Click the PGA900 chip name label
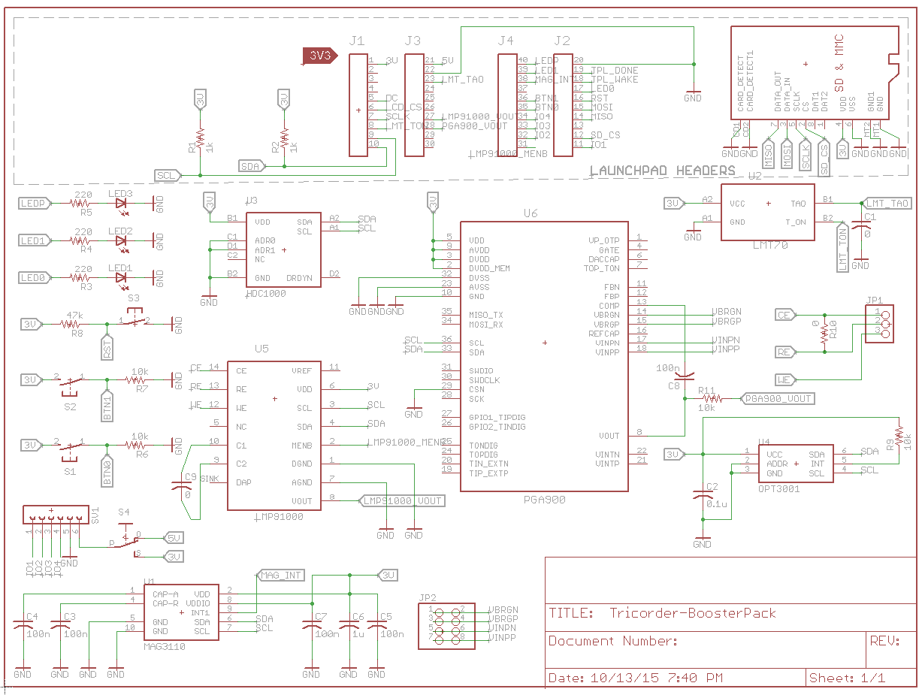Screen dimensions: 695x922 pyautogui.click(x=545, y=499)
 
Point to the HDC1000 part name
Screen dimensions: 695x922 pyautogui.click(x=266, y=293)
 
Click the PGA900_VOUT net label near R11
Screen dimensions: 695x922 pyautogui.click(x=777, y=398)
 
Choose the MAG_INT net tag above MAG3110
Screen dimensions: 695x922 pyautogui.click(x=280, y=576)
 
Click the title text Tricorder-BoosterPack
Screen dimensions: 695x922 pyautogui.click(x=692, y=613)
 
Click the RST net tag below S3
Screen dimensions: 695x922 pyautogui.click(x=107, y=348)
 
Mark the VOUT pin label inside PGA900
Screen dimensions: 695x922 pyautogui.click(x=609, y=436)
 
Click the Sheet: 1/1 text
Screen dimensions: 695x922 pyautogui.click(x=847, y=678)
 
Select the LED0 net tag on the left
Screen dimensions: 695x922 pyautogui.click(x=35, y=278)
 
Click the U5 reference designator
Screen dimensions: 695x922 pyautogui.click(x=261, y=349)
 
